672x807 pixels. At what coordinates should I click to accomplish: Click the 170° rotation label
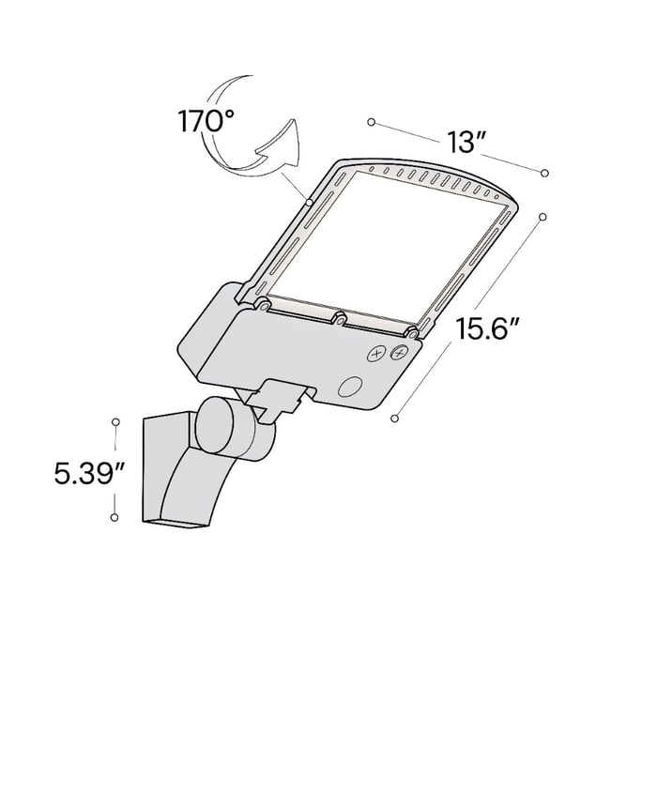pos(206,121)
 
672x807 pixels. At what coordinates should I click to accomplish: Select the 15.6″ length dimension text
pos(486,328)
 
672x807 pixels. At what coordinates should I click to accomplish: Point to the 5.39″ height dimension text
pos(89,474)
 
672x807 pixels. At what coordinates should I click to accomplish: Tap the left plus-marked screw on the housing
pos(377,354)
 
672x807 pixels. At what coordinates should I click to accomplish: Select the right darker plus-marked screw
pos(399,353)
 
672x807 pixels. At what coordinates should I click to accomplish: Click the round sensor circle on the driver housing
pos(350,387)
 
